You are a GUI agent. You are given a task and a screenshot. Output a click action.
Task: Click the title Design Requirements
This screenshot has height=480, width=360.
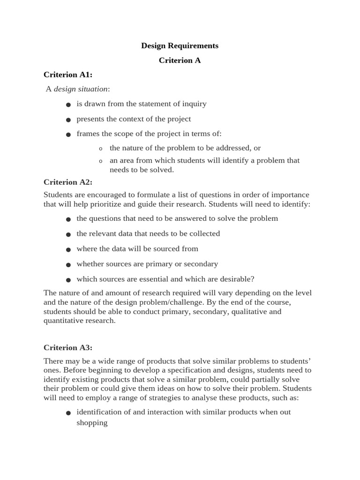click(x=180, y=45)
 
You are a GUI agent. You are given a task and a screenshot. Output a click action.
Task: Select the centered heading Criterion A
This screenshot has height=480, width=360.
click(x=180, y=60)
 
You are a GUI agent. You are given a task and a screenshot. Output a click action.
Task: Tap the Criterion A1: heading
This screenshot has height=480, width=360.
click(x=68, y=75)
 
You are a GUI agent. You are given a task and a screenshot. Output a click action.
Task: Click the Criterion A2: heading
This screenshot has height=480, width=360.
click(x=68, y=182)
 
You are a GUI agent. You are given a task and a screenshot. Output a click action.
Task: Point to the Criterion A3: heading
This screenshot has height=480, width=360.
click(x=68, y=347)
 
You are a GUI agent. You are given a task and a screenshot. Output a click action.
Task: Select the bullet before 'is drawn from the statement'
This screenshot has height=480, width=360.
click(x=68, y=105)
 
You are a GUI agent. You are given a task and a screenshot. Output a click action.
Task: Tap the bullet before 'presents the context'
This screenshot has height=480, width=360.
click(x=68, y=120)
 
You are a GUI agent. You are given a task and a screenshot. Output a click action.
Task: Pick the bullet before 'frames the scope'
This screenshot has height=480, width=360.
click(x=68, y=135)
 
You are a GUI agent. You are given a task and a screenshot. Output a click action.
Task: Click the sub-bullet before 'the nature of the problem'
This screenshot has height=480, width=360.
click(x=100, y=149)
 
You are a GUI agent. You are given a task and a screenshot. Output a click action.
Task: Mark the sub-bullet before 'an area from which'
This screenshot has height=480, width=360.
click(x=100, y=161)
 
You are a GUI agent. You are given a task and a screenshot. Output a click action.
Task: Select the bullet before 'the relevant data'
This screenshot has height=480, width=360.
click(x=68, y=234)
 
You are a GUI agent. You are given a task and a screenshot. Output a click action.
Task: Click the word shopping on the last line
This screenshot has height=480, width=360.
click(x=92, y=423)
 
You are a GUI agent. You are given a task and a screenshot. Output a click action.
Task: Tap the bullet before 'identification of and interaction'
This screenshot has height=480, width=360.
click(x=68, y=413)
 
